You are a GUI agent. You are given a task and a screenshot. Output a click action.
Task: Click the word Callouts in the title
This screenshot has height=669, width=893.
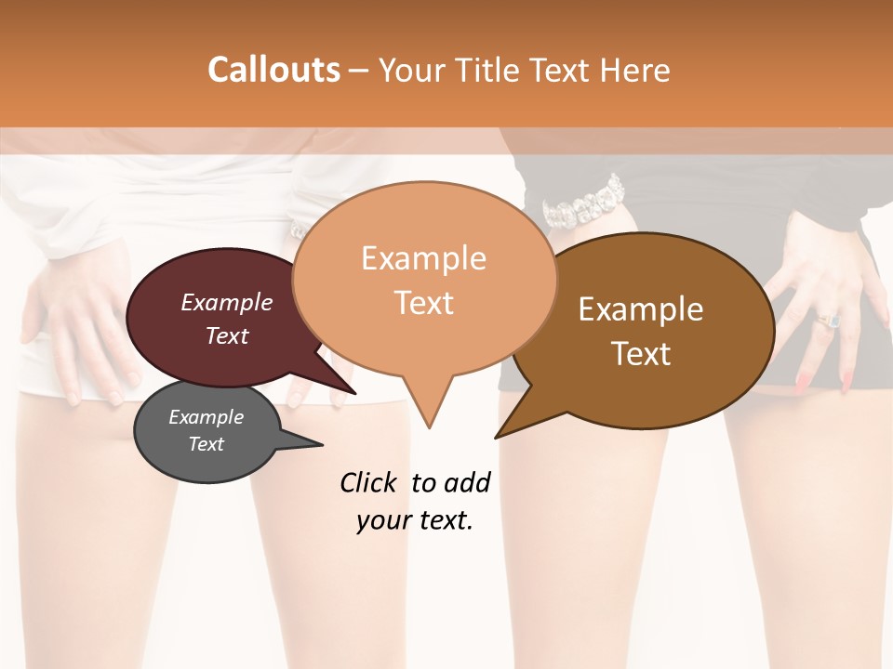tap(273, 70)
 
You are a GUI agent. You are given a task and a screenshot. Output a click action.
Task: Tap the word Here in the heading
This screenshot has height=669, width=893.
tap(634, 70)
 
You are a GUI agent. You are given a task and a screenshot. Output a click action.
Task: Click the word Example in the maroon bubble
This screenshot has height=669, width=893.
tap(227, 302)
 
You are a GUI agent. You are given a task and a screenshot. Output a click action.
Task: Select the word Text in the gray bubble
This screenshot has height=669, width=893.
tap(207, 444)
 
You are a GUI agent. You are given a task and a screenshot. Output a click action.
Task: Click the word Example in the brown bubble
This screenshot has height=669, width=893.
tap(641, 309)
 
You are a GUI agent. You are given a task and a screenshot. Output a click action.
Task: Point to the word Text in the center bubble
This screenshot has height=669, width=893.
tap(424, 303)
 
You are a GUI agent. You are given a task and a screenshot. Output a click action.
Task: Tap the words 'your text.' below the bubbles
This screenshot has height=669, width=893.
tap(415, 520)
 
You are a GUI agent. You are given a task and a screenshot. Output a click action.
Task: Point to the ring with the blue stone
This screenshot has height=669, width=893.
tap(829, 320)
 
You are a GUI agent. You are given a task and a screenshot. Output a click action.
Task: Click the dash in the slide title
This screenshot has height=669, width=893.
tap(359, 71)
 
